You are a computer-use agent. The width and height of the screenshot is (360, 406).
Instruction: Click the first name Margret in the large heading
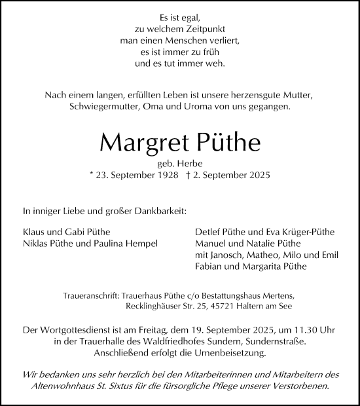pos(134,141)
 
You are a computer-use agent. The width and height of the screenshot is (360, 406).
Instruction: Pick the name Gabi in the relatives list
pos(68,231)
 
